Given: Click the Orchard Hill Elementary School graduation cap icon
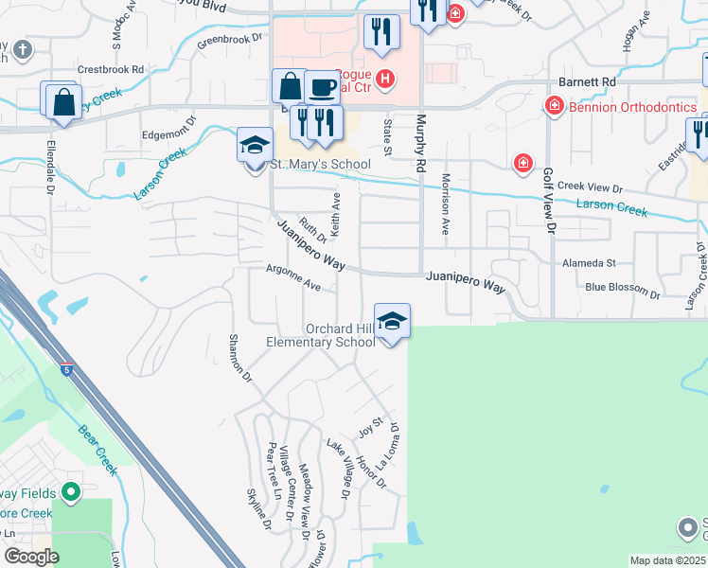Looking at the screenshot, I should [392, 322].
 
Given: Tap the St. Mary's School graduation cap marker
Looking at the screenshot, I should [254, 146].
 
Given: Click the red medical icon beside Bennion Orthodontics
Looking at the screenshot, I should [554, 107].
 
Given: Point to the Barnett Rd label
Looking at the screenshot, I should [587, 82].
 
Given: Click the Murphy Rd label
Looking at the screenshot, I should [418, 144].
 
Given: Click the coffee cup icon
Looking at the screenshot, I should [322, 87].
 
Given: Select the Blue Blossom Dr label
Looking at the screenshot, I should [620, 287].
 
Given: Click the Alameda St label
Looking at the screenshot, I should [589, 262].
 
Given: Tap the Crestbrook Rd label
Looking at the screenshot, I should [111, 69].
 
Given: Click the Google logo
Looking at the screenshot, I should [30, 557].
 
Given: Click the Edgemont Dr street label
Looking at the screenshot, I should [168, 128].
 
